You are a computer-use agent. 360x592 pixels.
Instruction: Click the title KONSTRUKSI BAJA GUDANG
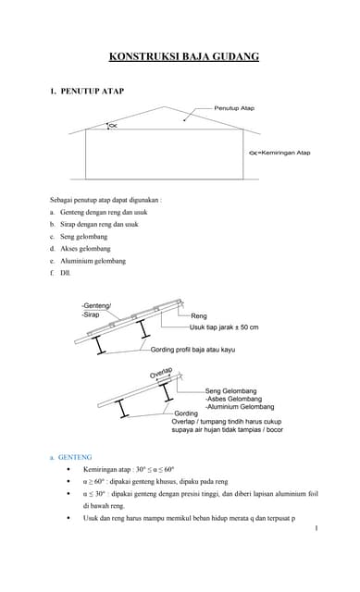tap(184, 57)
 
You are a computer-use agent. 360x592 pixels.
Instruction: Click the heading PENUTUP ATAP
tap(92, 92)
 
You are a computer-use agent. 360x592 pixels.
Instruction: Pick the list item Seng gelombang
tap(83, 236)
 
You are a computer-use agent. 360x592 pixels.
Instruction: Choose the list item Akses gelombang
tap(84, 248)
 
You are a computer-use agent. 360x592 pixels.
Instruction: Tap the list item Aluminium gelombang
tap(92, 261)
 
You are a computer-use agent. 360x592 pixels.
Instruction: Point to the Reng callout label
tap(199, 316)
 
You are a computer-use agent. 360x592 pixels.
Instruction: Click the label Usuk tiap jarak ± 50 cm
tap(224, 327)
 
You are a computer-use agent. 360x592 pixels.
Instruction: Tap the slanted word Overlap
tap(162, 373)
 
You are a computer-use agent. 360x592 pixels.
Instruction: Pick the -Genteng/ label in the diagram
tap(95, 305)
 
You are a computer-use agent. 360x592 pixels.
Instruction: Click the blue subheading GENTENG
tap(76, 457)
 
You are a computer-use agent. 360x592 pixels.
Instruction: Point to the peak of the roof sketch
tap(167, 106)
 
